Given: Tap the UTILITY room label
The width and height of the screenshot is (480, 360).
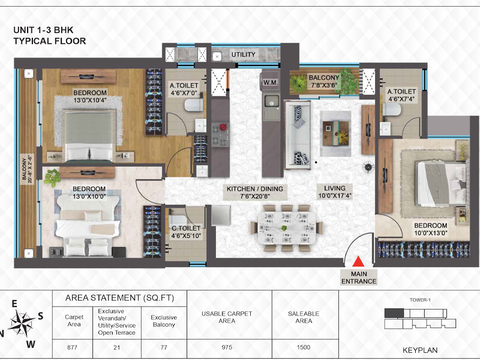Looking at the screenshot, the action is [244, 55].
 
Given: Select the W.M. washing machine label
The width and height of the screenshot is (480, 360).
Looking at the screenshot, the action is [271, 83].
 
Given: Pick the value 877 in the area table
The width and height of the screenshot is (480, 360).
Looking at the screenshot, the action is [72, 347].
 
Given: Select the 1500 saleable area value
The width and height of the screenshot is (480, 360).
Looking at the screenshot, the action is [304, 347].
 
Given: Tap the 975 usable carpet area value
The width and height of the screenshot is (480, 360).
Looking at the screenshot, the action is [227, 347].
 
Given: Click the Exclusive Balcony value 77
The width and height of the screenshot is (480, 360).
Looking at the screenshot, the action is [164, 347].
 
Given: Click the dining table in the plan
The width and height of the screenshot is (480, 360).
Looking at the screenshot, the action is [287, 228].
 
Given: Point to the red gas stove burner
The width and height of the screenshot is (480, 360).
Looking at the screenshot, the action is [224, 127].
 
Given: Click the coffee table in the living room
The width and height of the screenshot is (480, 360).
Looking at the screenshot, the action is [336, 133].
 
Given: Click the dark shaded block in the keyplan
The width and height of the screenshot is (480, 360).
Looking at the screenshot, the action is [394, 313].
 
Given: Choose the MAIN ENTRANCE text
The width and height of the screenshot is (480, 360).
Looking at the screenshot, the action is [359, 278].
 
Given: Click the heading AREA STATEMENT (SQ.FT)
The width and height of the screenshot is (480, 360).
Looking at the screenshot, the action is [119, 298].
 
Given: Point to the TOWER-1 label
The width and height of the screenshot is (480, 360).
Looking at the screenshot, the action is [420, 300].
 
